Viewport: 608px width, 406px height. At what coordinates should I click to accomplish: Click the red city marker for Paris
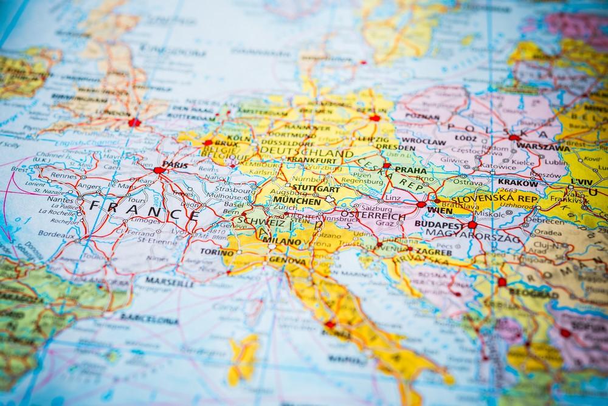[159, 170]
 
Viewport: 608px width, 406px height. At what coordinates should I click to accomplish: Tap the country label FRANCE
[143, 210]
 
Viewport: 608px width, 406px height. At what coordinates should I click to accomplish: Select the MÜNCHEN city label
[297, 201]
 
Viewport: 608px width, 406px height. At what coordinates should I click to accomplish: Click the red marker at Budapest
[472, 225]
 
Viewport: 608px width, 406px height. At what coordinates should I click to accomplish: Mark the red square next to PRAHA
[387, 165]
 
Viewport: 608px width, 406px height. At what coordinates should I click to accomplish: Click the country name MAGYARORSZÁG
[474, 235]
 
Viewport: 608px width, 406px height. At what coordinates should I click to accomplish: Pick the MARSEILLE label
[170, 283]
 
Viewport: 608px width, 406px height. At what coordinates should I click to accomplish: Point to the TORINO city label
[217, 252]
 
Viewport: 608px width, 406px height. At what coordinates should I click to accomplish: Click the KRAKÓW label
[517, 182]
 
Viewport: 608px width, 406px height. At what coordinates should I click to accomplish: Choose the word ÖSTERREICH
[373, 216]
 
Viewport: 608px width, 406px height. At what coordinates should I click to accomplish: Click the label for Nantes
[59, 199]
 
